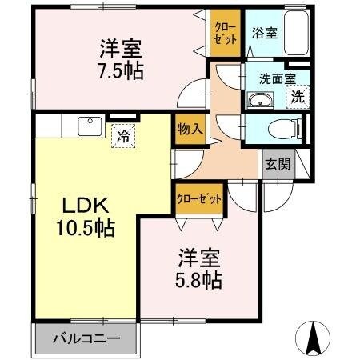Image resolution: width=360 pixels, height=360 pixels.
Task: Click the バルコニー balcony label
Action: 86,338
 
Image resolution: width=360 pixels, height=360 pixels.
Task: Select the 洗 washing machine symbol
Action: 297,98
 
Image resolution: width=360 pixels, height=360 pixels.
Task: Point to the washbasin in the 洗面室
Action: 261,99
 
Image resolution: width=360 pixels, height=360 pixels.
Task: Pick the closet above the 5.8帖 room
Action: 198,200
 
